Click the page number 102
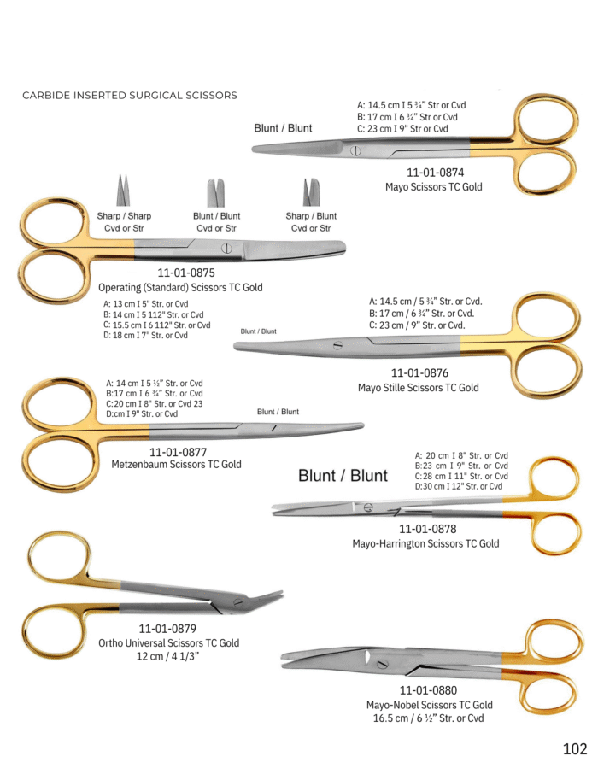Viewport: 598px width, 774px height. pos(575,749)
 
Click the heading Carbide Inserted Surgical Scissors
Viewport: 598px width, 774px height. pos(130,96)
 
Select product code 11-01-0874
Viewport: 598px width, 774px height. pos(435,173)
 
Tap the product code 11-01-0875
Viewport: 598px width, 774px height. pos(186,273)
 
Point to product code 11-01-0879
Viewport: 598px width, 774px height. pos(167,629)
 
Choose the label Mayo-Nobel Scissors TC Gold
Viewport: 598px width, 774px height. pos(429,705)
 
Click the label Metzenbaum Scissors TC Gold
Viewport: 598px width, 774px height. pos(176,464)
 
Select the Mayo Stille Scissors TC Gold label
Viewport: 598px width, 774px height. pos(419,388)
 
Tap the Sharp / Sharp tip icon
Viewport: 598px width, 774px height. pos(124,190)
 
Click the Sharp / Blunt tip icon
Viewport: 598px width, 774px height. pos(311,192)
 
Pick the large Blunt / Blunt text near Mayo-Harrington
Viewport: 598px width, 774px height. pos(343,475)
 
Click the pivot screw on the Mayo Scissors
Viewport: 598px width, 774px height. pos(355,150)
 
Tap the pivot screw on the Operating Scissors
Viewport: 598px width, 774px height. pos(226,249)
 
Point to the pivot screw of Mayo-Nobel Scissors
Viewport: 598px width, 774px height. pos(381,665)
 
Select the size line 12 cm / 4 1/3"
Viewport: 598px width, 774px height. pos(168,656)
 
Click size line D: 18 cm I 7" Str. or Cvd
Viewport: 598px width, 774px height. pos(145,335)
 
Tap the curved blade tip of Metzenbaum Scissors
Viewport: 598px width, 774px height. pos(363,425)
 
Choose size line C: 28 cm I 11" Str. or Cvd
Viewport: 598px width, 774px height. pos(461,476)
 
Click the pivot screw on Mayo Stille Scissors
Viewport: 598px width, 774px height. pos(337,345)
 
